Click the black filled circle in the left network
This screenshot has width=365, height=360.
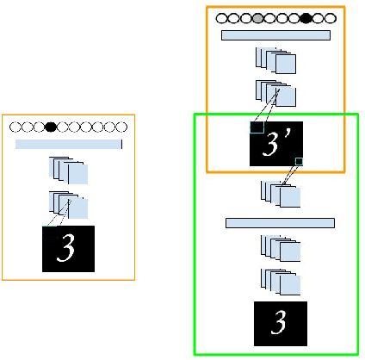coord(51,127)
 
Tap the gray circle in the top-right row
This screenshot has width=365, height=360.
coord(257,17)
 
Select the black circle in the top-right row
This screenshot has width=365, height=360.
coord(306,17)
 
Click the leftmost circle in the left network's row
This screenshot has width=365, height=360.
coord(15,127)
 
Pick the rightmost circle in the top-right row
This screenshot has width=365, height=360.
coord(330,17)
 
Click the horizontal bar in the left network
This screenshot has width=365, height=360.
coord(69,144)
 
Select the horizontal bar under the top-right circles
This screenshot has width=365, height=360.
coord(275,35)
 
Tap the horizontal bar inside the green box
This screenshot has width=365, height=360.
coord(280,223)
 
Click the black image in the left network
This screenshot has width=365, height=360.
coord(69,249)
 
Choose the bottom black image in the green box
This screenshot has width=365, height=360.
coord(279,322)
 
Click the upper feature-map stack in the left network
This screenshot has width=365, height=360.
coord(69,171)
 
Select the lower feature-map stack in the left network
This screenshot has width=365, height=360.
coord(69,205)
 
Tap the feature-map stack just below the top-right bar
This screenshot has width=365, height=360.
coord(276,60)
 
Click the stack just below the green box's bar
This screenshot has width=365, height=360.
coord(281,249)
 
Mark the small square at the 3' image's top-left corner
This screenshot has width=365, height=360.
coord(256,127)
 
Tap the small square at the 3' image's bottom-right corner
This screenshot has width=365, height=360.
coord(300,161)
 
